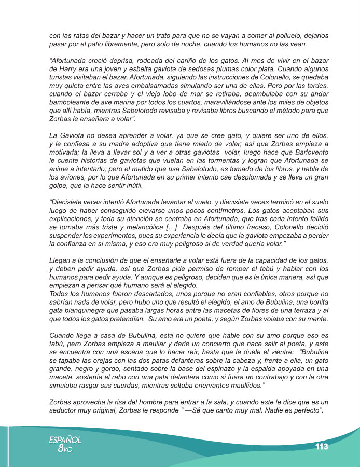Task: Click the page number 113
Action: click(321, 447)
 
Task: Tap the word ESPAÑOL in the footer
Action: click(65, 439)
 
